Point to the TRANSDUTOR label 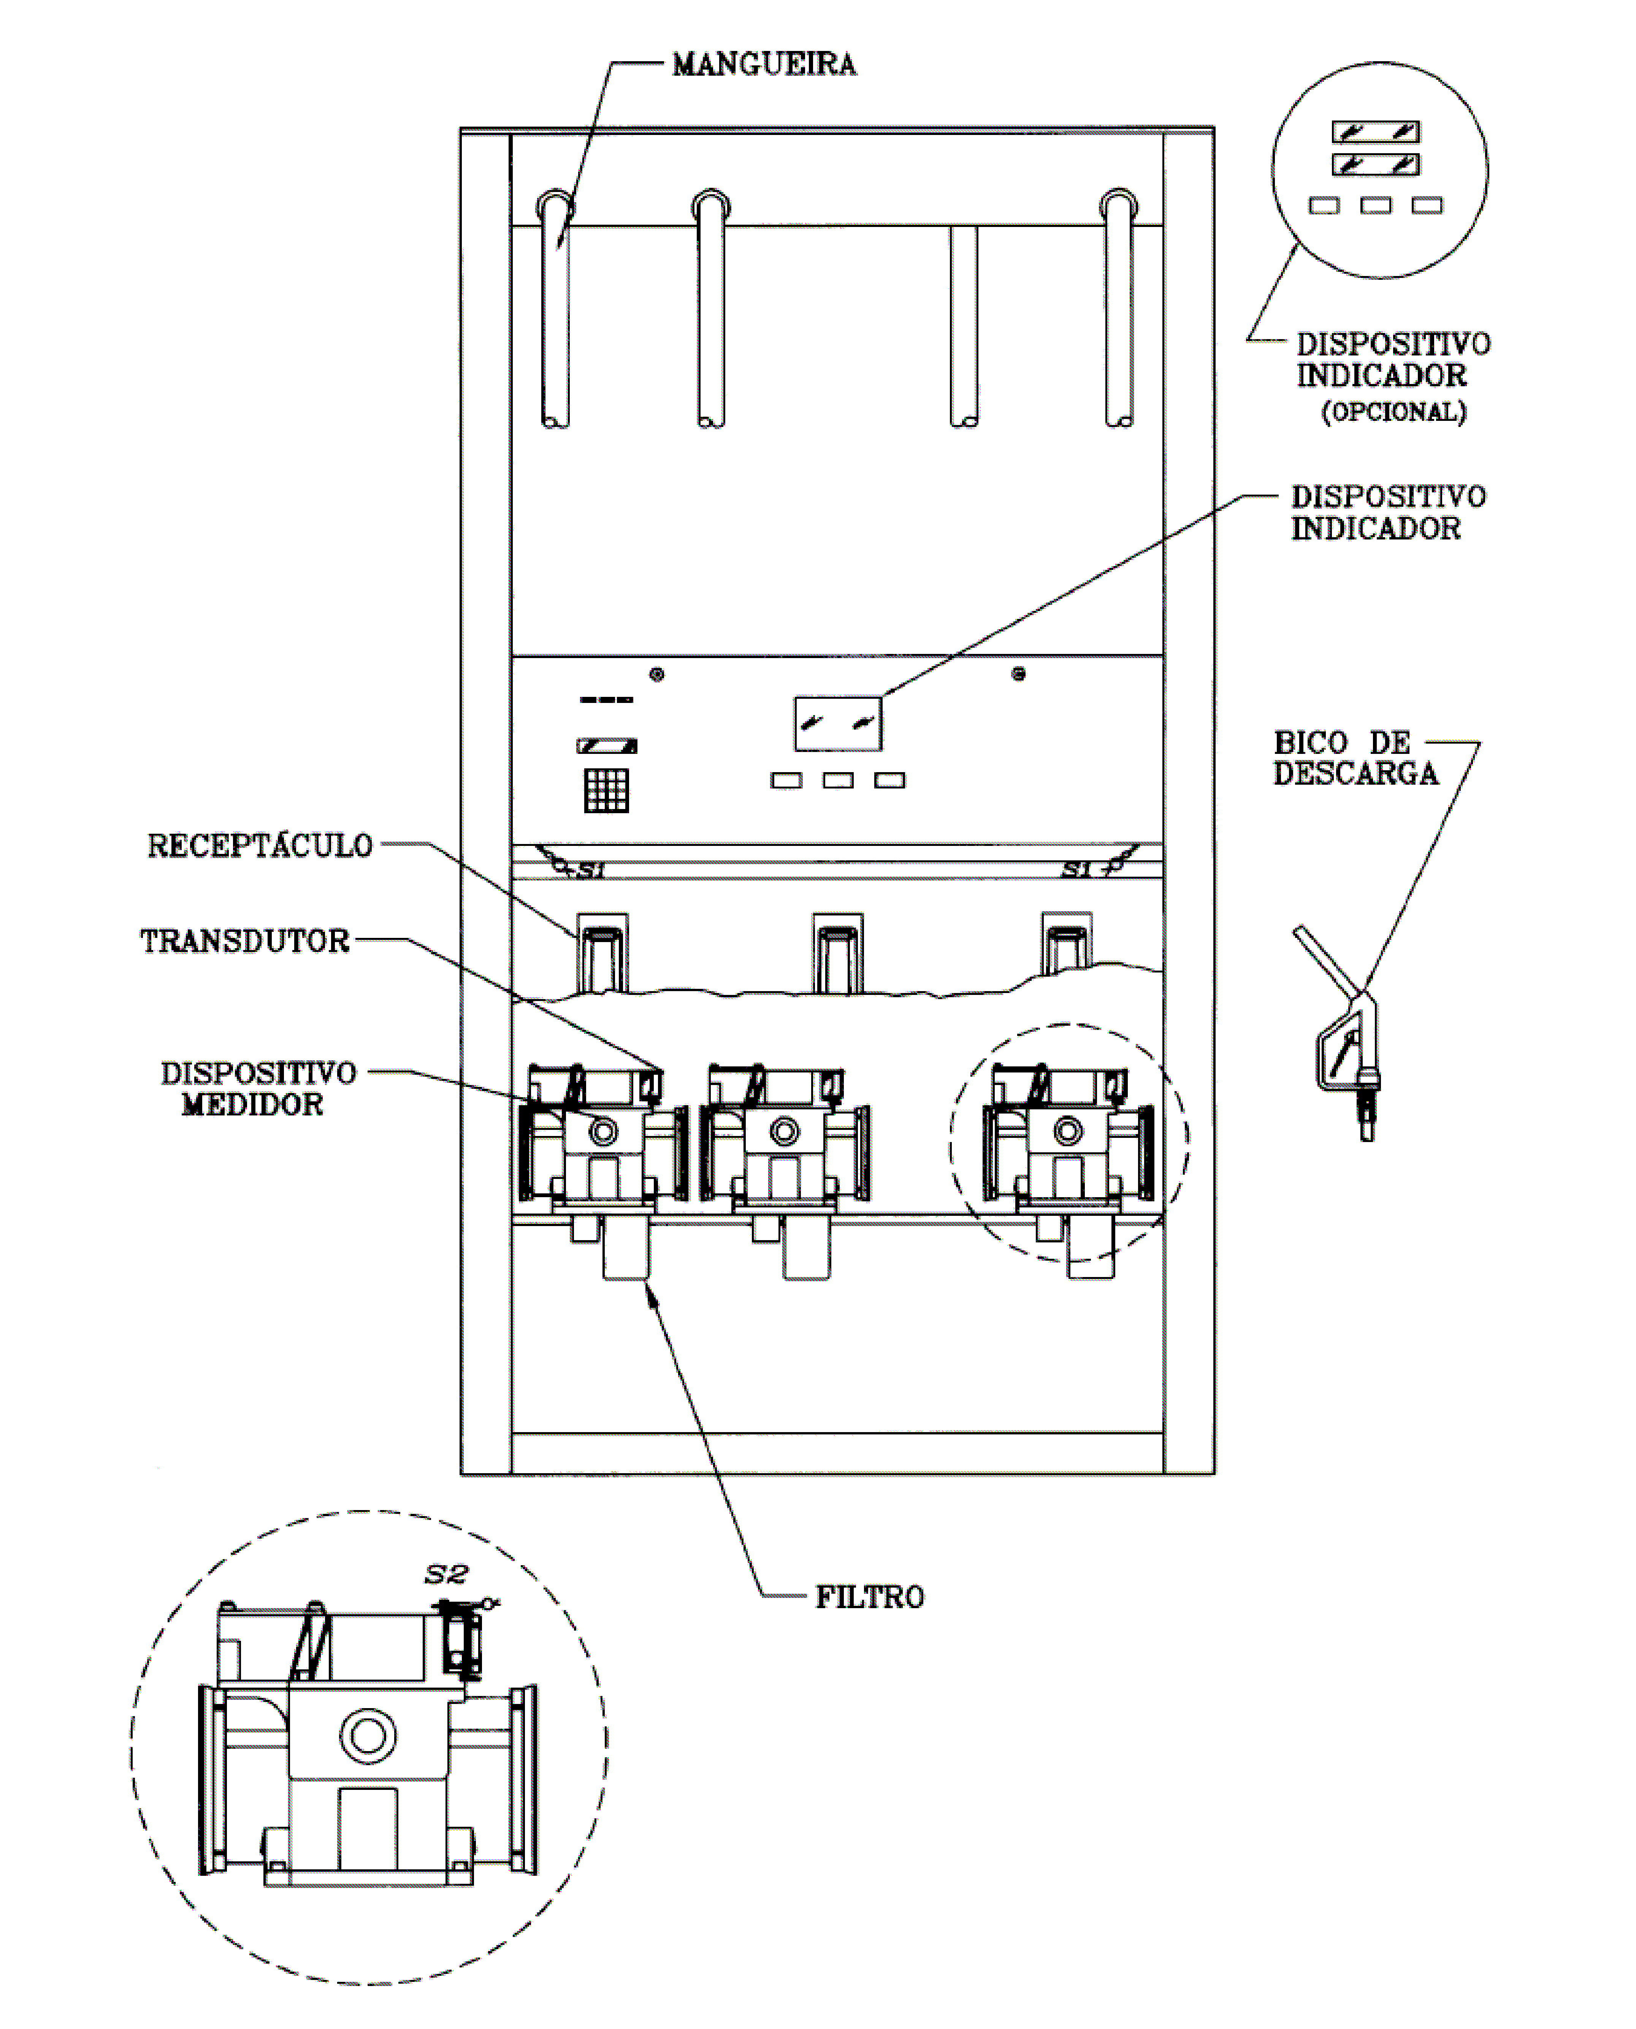pos(245,941)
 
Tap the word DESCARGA pos(1355,773)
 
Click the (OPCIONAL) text pos(1394,412)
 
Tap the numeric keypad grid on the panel pos(606,790)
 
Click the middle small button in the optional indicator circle pos(1375,205)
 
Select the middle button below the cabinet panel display pos(838,781)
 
